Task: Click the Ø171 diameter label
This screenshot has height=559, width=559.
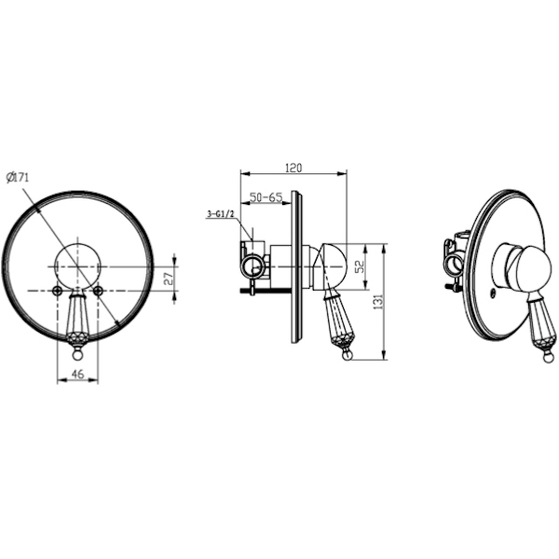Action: pos(18,177)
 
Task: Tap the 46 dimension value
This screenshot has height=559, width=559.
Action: pos(77,374)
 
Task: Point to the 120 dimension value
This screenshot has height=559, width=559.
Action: pos(293,168)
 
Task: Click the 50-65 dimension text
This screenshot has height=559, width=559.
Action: pos(266,198)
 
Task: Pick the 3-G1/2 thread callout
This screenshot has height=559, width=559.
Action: pos(220,214)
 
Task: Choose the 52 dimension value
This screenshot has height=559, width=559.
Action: pos(360,266)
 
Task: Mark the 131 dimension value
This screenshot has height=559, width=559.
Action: pos(378,301)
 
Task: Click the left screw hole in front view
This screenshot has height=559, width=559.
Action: pos(58,291)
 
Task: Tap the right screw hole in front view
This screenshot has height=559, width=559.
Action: pos(98,291)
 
